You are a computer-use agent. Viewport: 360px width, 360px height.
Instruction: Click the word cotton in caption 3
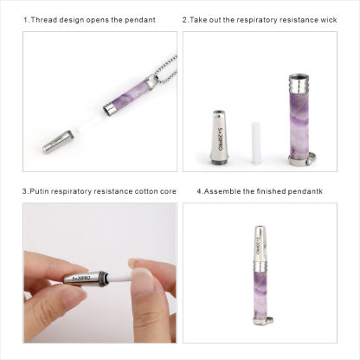(x=132, y=190)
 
